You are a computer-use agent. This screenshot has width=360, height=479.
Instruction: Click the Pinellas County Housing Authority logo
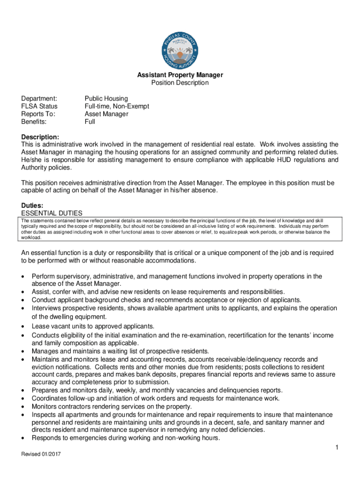tap(180, 46)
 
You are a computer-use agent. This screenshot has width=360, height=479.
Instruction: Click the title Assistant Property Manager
tap(180, 75)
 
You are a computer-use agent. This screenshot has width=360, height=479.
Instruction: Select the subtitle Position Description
tap(180, 83)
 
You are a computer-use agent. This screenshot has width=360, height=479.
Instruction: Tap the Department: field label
tap(39, 98)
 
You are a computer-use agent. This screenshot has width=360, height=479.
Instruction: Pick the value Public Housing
tap(106, 98)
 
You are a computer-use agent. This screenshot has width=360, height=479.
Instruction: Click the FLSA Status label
tap(40, 106)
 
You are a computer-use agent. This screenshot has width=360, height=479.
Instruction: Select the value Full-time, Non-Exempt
tap(117, 106)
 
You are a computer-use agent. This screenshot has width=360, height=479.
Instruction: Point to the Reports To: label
tap(39, 114)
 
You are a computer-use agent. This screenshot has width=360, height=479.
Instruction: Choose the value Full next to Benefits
tap(90, 122)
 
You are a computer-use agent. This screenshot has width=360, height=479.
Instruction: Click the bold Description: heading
tap(40, 137)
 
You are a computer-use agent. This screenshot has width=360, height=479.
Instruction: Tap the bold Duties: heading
tap(33, 205)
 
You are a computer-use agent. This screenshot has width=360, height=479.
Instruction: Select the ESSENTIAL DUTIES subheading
tap(52, 213)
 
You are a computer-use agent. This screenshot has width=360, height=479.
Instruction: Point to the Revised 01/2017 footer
tap(41, 454)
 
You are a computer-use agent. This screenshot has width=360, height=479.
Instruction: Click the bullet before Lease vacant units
tap(23, 327)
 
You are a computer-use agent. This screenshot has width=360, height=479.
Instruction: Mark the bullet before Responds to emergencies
tap(23, 438)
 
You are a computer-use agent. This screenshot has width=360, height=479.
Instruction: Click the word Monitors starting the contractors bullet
tap(45, 406)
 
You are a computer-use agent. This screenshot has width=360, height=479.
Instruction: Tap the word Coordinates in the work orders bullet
tap(50, 399)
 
